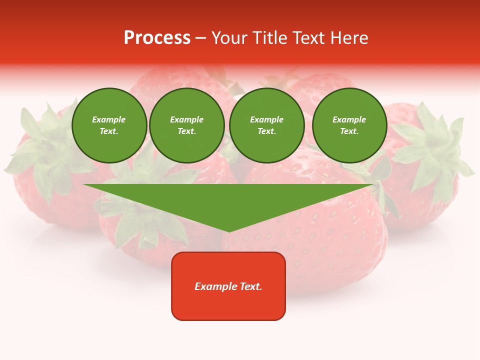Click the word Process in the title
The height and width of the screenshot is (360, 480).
157,38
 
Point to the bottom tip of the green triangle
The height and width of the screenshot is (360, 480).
229,231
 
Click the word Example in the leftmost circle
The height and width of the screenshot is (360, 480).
109,119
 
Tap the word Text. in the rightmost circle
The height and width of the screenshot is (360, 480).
349,131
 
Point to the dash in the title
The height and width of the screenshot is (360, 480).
200,38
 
